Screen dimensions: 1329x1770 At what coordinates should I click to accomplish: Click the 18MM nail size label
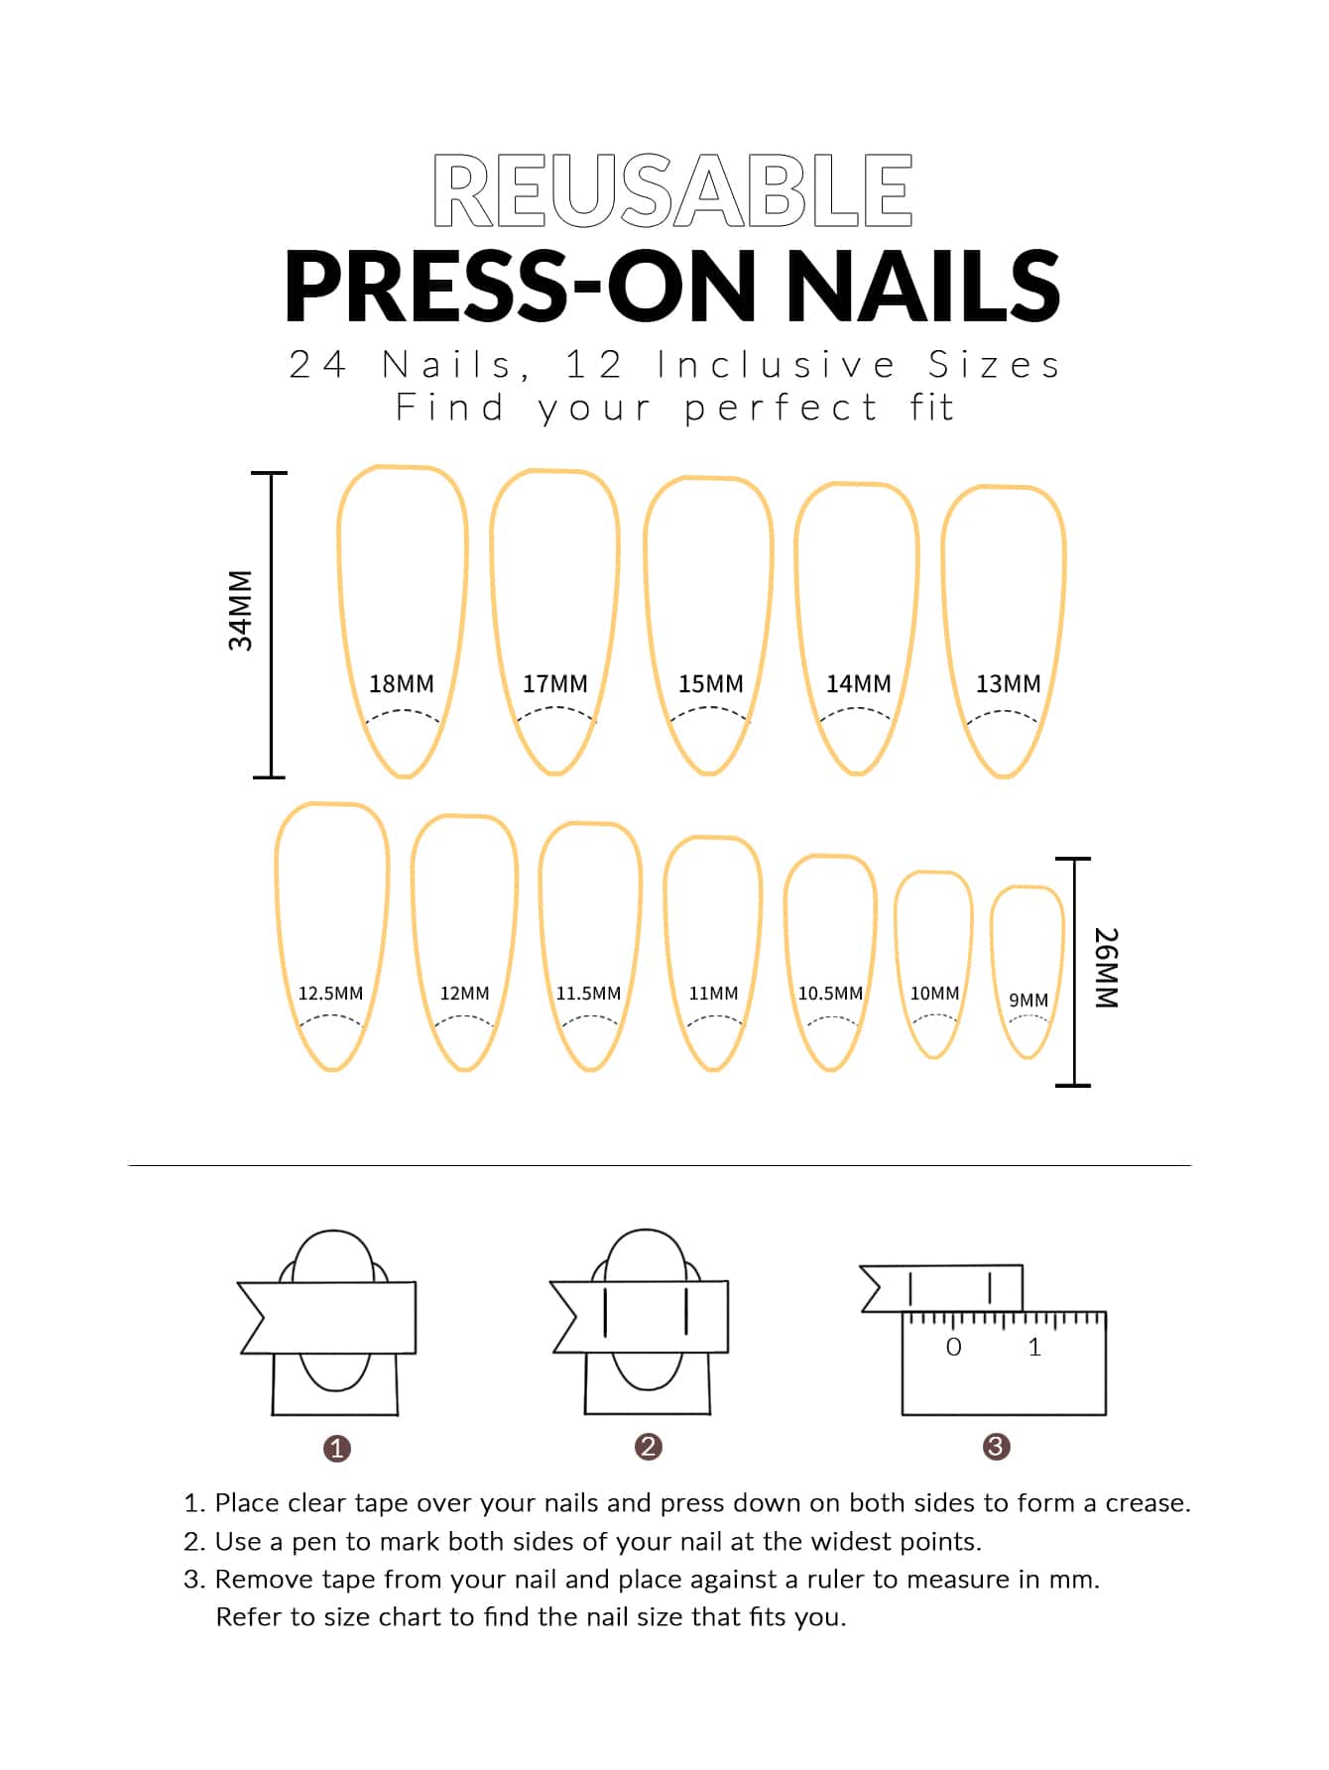[x=402, y=683]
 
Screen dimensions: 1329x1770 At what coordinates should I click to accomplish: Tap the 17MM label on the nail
[x=555, y=683]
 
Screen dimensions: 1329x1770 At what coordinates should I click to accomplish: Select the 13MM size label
[x=1009, y=683]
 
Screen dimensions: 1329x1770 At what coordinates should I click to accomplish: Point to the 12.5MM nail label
[x=330, y=993]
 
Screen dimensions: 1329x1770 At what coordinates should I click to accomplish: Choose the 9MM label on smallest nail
[x=1028, y=1001]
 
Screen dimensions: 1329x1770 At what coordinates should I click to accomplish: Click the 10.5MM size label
[x=830, y=993]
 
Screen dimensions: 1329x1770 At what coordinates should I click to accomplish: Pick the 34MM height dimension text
[x=240, y=610]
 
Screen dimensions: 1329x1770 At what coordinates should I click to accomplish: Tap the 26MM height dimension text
[x=1106, y=968]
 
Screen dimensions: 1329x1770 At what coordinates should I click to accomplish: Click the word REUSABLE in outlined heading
[x=672, y=191]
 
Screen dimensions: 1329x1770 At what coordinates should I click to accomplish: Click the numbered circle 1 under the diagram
[x=337, y=1449]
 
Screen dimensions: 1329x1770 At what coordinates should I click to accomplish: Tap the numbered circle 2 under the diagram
[x=649, y=1447]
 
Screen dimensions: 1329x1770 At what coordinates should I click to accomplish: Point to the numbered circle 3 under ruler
[x=996, y=1447]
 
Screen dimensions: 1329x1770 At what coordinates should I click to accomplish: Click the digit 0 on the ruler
[x=954, y=1347]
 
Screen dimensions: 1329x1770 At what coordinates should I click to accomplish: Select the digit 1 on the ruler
[x=1034, y=1347]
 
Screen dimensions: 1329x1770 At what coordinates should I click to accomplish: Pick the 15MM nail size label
[x=710, y=683]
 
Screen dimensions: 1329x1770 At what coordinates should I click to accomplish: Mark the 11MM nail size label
[x=714, y=993]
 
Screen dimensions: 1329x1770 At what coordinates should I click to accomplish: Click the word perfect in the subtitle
[x=782, y=409]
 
